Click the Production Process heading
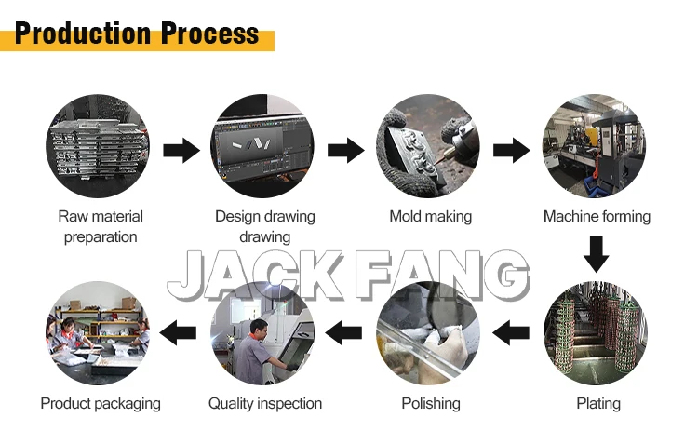(137, 34)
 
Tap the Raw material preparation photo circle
(98, 147)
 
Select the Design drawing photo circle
(263, 147)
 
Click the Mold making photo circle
(427, 147)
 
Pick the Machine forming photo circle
(594, 147)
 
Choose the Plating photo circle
(594, 333)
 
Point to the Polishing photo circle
(428, 333)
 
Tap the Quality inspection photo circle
(263, 333)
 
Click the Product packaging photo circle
(98, 333)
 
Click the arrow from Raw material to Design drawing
(181, 149)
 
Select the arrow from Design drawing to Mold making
(345, 149)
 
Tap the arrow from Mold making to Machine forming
(511, 149)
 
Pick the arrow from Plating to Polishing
(511, 328)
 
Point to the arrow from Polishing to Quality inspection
(345, 328)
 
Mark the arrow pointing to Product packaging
(181, 328)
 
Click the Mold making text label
(430, 217)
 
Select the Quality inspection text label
(265, 403)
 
